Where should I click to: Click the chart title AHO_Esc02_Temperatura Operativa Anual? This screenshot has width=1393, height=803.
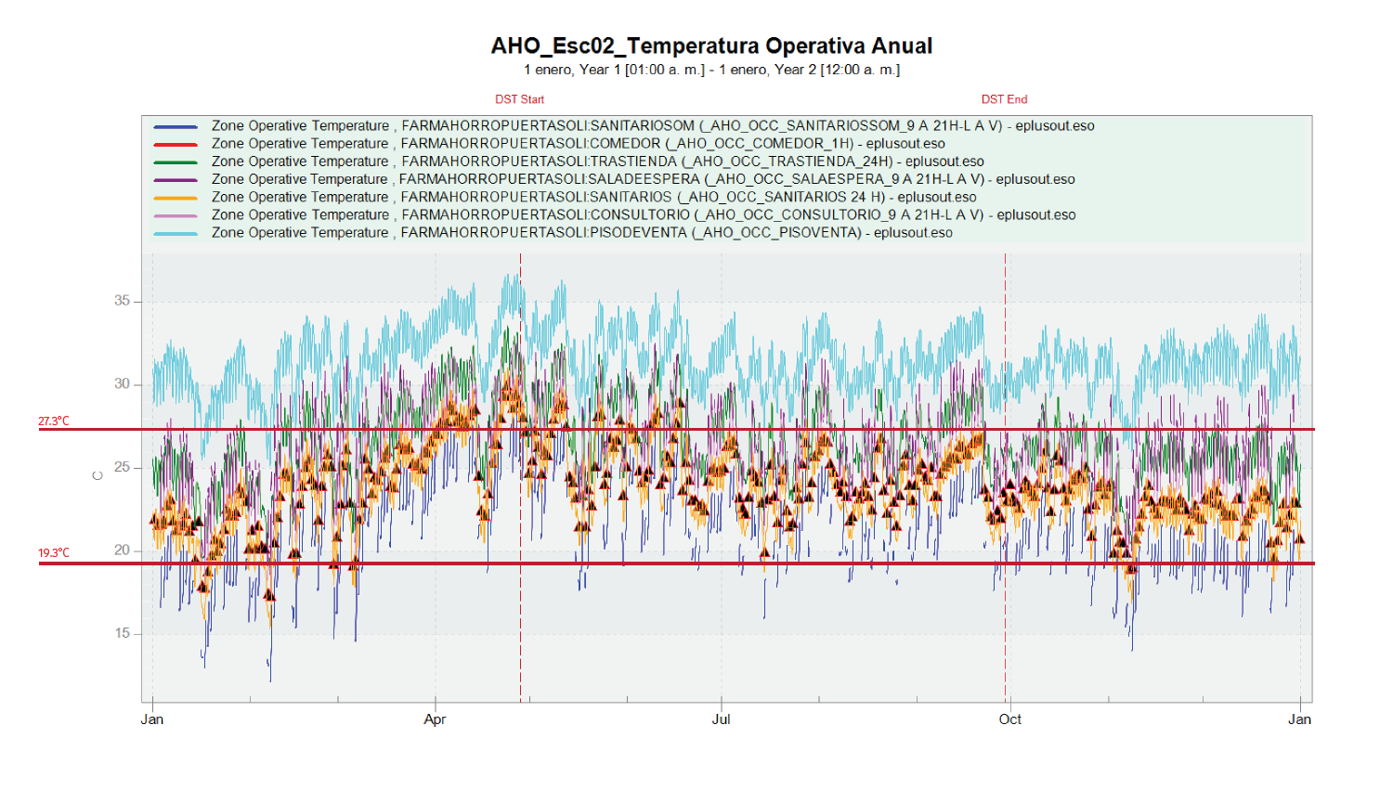coord(711,46)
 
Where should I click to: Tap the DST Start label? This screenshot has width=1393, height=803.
coord(519,99)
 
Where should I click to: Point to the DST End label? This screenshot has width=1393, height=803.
coord(1004,99)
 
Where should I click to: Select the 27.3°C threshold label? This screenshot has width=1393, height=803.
coord(54,421)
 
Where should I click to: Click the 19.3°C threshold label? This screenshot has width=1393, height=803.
coord(54,553)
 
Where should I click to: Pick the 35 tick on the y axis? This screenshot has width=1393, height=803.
coord(123,301)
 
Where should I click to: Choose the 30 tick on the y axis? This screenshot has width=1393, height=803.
coord(123,384)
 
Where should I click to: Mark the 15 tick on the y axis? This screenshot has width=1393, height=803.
coord(123,634)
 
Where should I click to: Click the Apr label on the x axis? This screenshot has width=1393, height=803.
coord(435,719)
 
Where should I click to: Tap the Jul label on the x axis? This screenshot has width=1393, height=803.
coord(721,719)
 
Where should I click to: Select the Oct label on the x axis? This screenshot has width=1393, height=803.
coord(1009,719)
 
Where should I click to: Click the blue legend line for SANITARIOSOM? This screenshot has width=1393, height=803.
coord(176,126)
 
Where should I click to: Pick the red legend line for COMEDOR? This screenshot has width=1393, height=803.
coord(176,144)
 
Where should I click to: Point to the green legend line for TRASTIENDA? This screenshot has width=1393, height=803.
coord(176,162)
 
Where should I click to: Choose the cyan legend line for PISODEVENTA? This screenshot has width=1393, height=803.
coord(176,233)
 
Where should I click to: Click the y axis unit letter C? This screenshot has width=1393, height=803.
coord(98,476)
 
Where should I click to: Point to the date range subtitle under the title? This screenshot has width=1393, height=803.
coord(711,71)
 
